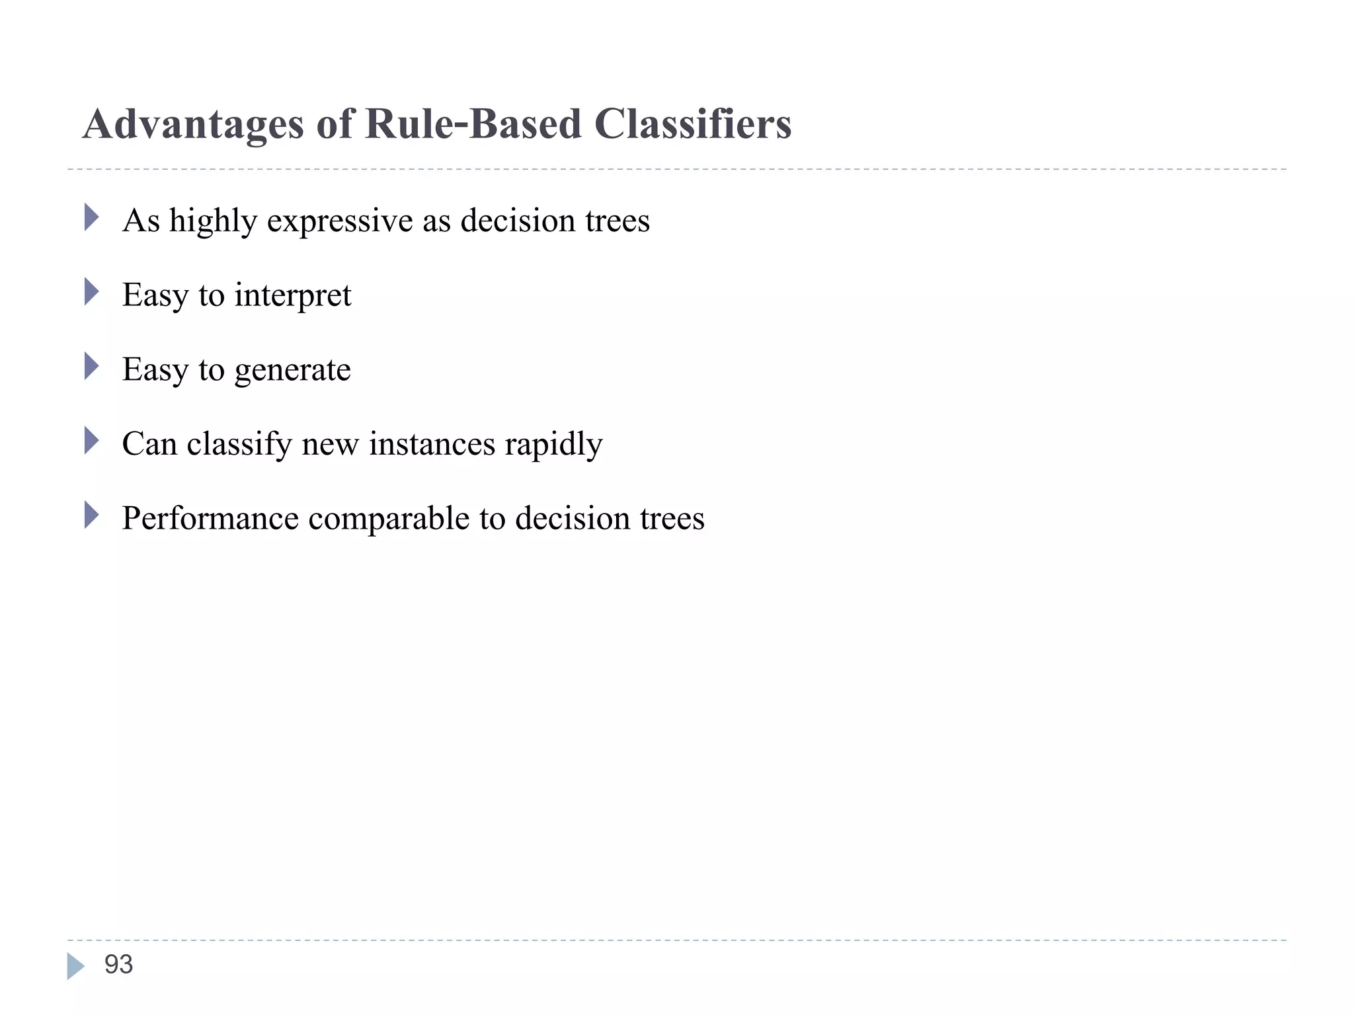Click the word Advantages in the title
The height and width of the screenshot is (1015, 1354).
tap(193, 124)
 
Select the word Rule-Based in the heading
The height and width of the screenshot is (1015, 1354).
tap(473, 124)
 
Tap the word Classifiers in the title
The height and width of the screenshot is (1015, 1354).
tap(692, 124)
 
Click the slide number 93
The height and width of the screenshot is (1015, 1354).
tap(119, 965)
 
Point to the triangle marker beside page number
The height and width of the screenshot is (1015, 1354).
tap(75, 966)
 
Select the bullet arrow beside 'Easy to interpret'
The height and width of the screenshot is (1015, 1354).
tap(91, 291)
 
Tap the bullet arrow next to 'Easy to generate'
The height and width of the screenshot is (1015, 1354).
tap(91, 366)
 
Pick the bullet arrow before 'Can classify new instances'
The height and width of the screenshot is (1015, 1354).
tap(91, 440)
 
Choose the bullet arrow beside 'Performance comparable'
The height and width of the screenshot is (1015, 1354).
tap(91, 515)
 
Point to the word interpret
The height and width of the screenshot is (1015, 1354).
tap(293, 295)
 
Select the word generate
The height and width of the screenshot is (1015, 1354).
tap(293, 370)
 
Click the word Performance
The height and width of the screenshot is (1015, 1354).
tap(210, 518)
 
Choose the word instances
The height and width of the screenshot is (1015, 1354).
tap(432, 444)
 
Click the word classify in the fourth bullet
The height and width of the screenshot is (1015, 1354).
tap(239, 444)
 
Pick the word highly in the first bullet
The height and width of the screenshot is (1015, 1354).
tap(213, 221)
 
